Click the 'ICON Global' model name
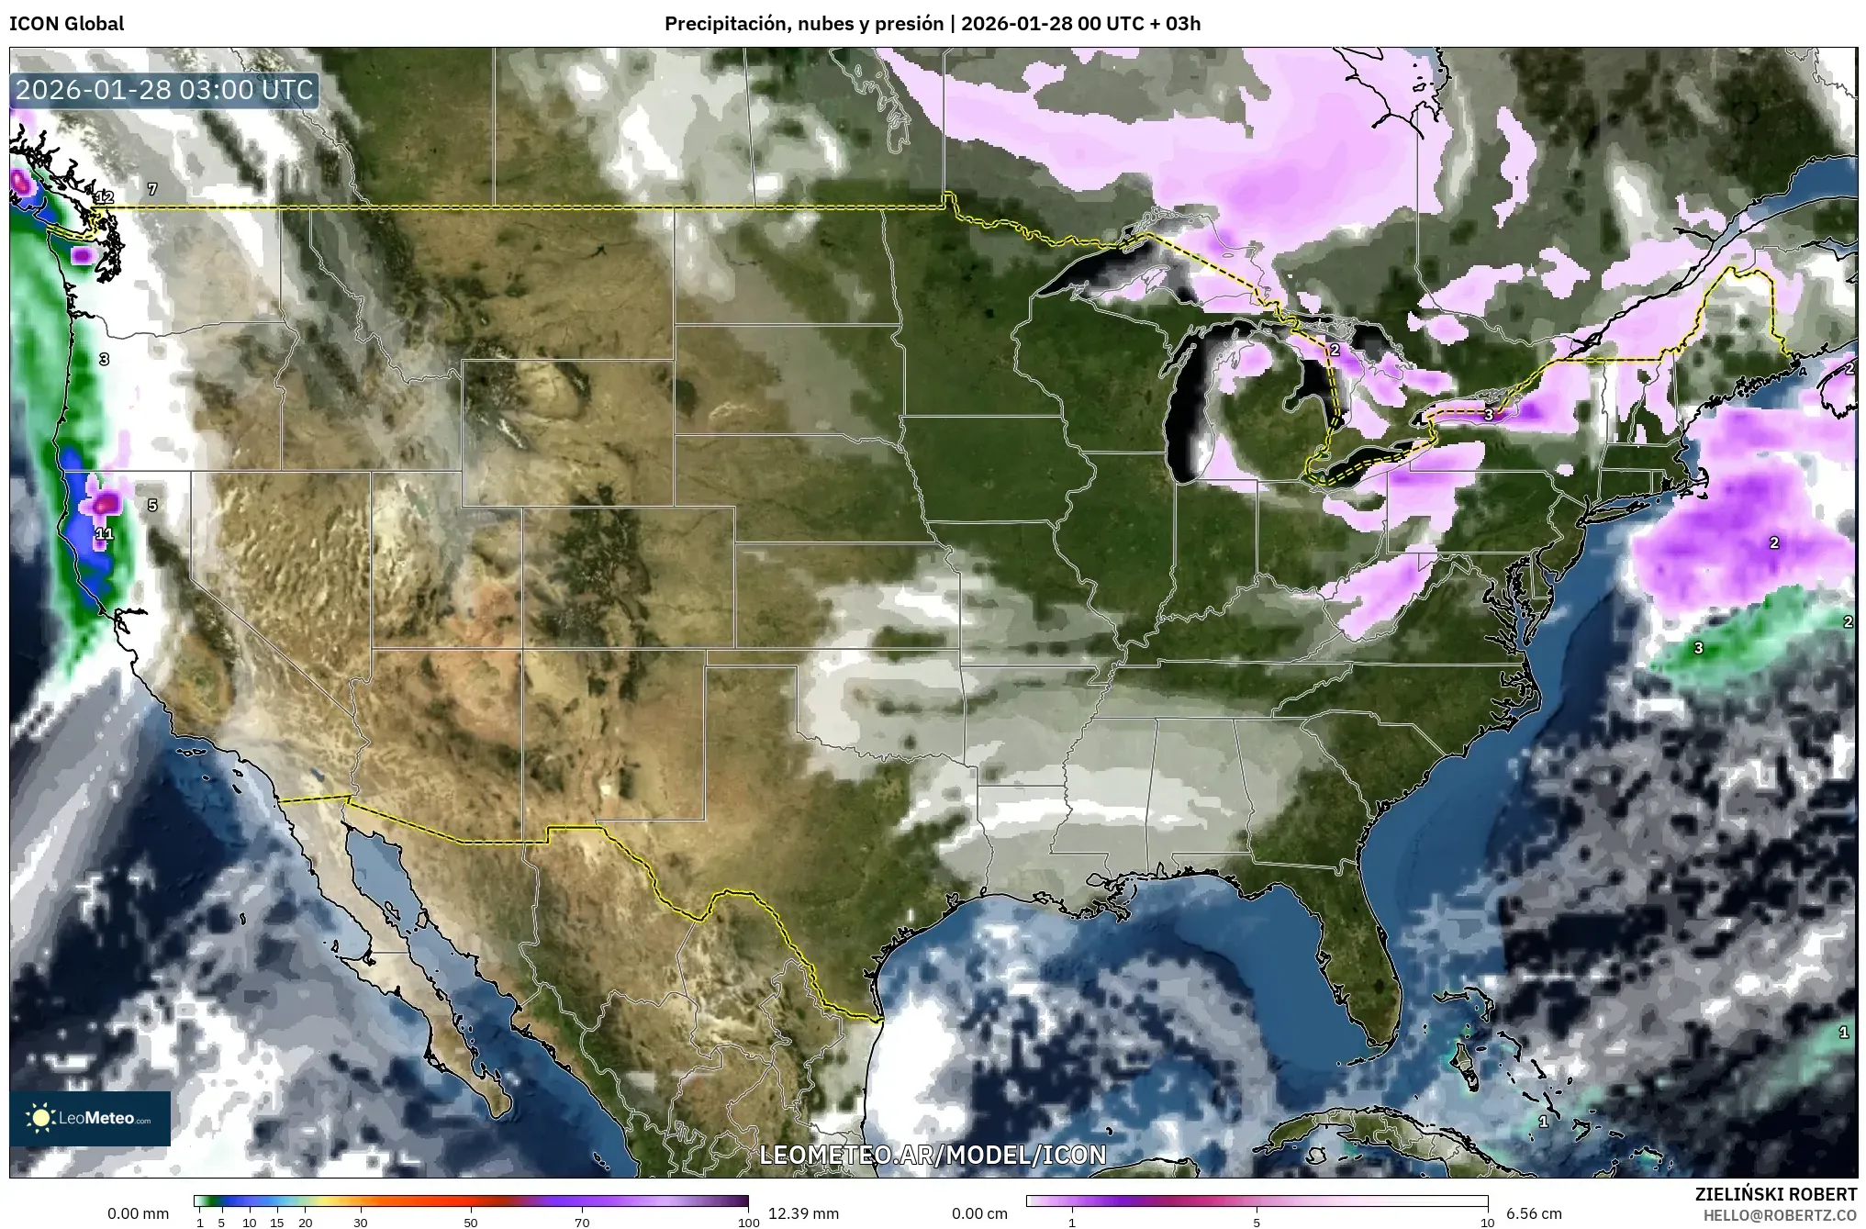66,24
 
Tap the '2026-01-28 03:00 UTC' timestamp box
165,90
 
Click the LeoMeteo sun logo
40,1118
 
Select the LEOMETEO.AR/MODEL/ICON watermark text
933,1155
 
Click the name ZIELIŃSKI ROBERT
1775,1194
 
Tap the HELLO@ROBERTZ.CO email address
1780,1214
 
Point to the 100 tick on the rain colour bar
748,1222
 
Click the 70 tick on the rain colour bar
582,1222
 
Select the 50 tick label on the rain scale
471,1222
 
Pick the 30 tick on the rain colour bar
361,1222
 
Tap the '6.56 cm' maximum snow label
1534,1213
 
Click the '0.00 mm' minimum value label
138,1213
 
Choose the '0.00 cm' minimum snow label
979,1213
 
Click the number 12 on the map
104,197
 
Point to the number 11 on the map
104,533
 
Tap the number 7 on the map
152,189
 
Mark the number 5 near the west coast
152,505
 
